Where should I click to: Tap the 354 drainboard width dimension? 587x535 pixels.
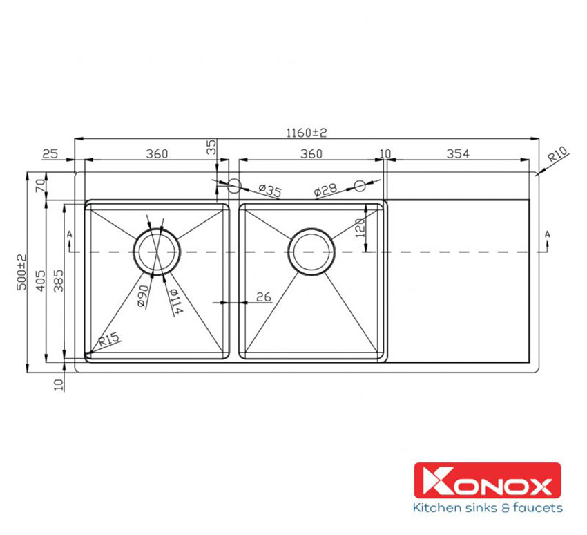(x=457, y=154)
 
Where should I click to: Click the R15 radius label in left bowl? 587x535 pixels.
(x=108, y=339)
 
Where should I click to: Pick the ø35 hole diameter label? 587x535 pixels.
(x=269, y=191)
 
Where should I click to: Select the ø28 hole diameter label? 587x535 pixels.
(x=325, y=191)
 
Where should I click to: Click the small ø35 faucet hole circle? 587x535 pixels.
(x=233, y=185)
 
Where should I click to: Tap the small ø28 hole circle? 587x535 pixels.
(x=359, y=185)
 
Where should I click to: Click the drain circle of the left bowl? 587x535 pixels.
(x=157, y=252)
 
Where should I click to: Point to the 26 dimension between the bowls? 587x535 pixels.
(x=263, y=297)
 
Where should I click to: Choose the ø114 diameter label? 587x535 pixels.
(x=174, y=301)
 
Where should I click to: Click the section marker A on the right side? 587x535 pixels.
(x=547, y=236)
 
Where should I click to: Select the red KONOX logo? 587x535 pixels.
(x=487, y=482)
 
